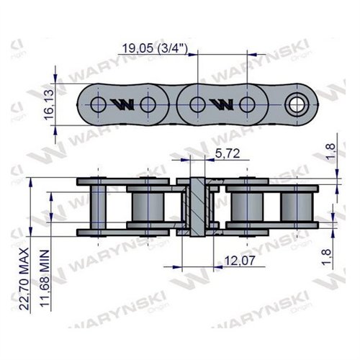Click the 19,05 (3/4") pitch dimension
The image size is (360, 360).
154,48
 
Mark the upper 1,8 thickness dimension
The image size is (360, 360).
330,150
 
